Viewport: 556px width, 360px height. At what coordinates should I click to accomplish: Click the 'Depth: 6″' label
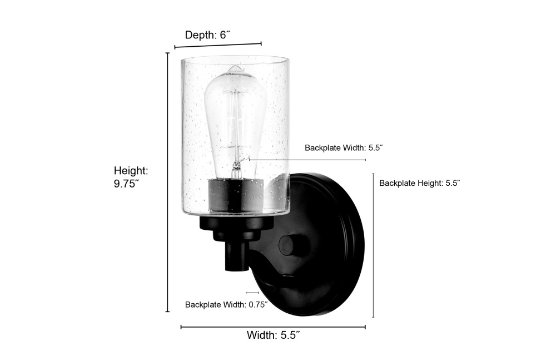tap(207, 35)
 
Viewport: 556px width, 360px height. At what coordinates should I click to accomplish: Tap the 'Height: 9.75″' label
tap(131, 177)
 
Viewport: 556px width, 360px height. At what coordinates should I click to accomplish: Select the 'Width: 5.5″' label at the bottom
tap(274, 335)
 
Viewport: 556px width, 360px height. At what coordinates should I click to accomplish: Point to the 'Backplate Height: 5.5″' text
tap(419, 183)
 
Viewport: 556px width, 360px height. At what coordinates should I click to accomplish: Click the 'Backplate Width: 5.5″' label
tap(344, 147)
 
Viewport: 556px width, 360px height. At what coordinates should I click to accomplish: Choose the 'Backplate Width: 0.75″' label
tap(226, 304)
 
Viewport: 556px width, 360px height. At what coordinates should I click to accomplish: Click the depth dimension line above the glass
tap(218, 45)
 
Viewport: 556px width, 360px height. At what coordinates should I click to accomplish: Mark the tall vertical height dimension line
tap(168, 182)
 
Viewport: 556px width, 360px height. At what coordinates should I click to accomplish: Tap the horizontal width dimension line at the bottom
tap(273, 327)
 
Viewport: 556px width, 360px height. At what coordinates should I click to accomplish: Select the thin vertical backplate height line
tap(373, 245)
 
